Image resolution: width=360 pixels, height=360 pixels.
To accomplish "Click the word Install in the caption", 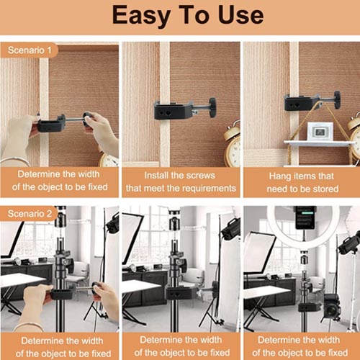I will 159,175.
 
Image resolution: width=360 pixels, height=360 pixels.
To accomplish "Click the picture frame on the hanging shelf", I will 320,131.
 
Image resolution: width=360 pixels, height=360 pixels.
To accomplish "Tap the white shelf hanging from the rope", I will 317,143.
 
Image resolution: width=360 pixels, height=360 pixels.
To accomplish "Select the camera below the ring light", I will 332,305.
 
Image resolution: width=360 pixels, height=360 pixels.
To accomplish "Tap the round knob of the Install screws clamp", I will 212,106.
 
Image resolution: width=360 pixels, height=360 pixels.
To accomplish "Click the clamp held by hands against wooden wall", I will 51,125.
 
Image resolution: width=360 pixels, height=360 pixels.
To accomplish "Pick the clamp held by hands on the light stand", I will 63,294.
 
